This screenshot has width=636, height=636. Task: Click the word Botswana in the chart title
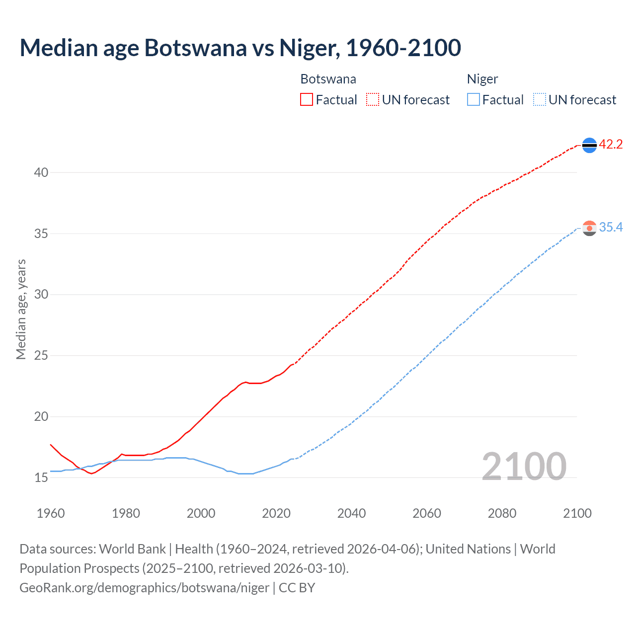pos(195,48)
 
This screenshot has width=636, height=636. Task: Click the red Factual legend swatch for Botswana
pos(307,100)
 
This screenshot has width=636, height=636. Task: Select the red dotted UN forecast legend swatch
pos(373,100)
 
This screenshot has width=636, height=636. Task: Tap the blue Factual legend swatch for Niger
pos(474,100)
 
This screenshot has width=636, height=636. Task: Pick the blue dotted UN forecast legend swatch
pos(539,100)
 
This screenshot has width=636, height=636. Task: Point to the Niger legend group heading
pos(482,79)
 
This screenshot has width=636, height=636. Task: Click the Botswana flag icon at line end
pos(589,145)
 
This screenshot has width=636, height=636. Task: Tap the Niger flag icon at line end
pos(589,228)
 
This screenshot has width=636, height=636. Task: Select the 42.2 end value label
pos(611,145)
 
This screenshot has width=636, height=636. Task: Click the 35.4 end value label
pos(611,228)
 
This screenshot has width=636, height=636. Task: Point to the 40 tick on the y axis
pos(41,173)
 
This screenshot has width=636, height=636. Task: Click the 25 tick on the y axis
pos(41,356)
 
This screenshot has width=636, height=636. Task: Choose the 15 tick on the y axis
pos(41,478)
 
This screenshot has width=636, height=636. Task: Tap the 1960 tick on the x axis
pos(51,513)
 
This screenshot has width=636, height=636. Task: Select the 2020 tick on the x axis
pos(276,513)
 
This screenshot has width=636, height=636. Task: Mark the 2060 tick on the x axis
pos(427,513)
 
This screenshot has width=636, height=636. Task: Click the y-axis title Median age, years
pos(21,309)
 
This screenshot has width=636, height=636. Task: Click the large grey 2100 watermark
pos(524,466)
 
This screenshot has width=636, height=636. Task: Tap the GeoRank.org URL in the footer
pos(144,588)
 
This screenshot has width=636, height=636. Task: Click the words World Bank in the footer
pos(132,549)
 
